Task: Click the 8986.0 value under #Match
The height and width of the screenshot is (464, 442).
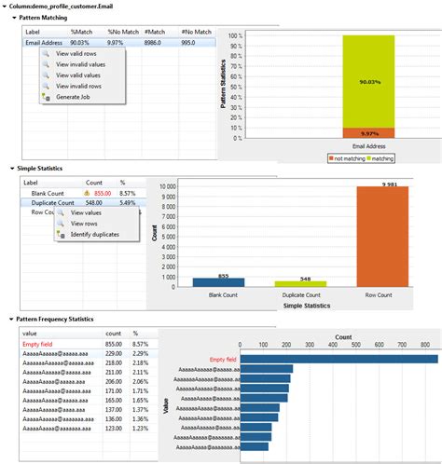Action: click(x=154, y=41)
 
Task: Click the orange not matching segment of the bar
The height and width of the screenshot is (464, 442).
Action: click(x=367, y=132)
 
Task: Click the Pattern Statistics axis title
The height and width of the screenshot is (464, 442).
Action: click(x=225, y=89)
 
